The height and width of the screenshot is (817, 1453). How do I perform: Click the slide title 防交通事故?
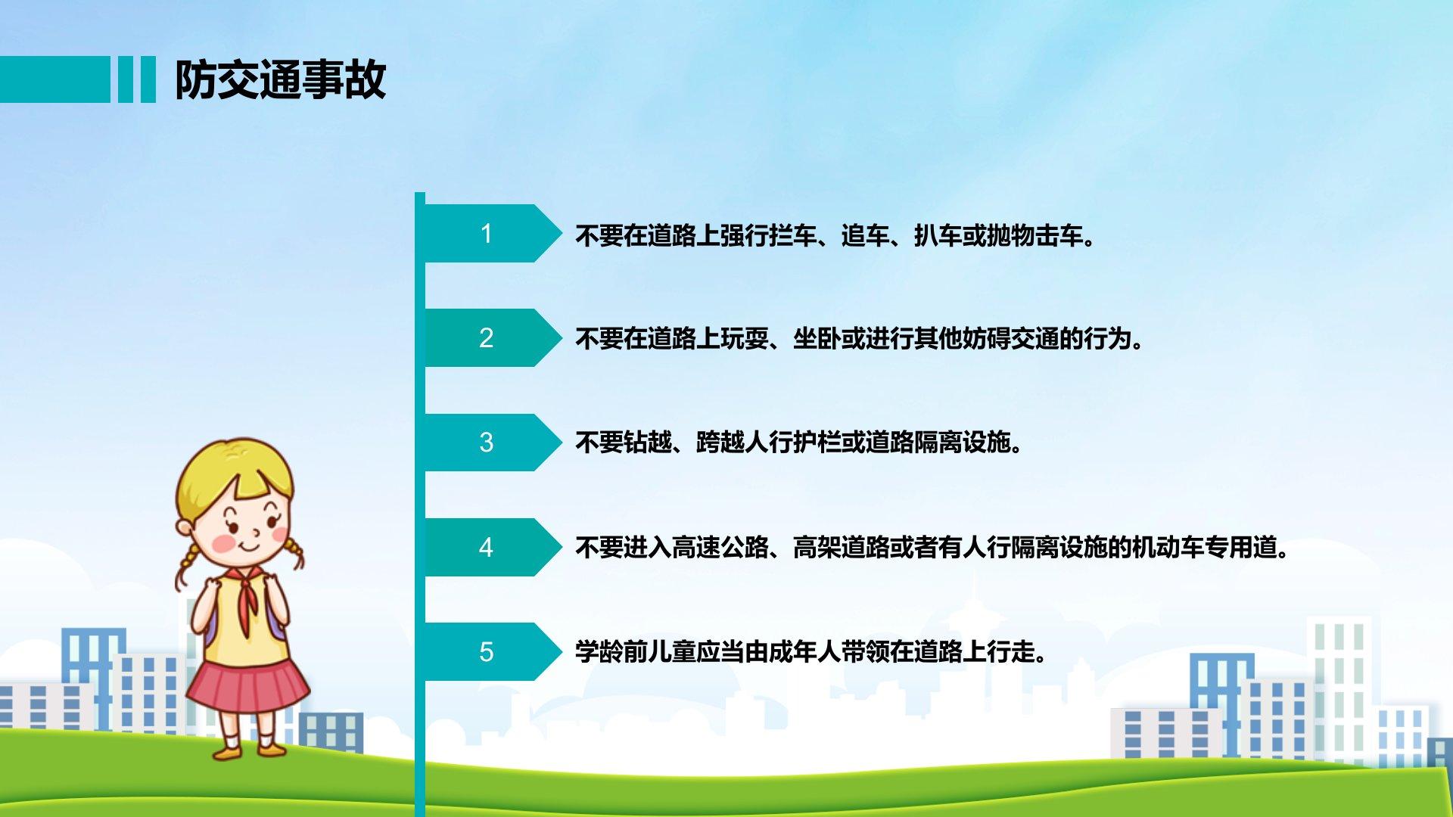[281, 80]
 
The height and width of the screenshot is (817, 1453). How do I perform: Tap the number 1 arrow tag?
[493, 233]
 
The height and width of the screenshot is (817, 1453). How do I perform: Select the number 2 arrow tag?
[493, 337]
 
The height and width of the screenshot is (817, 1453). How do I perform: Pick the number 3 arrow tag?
[493, 443]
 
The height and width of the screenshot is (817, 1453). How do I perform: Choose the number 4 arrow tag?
[493, 547]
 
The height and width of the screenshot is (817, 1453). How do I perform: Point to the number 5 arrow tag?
[493, 651]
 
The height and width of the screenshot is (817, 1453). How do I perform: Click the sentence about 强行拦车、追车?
[835, 236]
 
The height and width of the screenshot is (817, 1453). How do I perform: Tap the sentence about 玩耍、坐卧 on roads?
[860, 338]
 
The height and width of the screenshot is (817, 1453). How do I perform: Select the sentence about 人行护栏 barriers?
[799, 442]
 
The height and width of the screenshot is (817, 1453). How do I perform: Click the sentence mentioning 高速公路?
[932, 547]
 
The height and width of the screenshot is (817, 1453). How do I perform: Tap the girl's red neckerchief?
[244, 609]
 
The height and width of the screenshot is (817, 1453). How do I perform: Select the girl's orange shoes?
[249, 750]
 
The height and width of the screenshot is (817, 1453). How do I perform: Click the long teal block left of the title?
[55, 79]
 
